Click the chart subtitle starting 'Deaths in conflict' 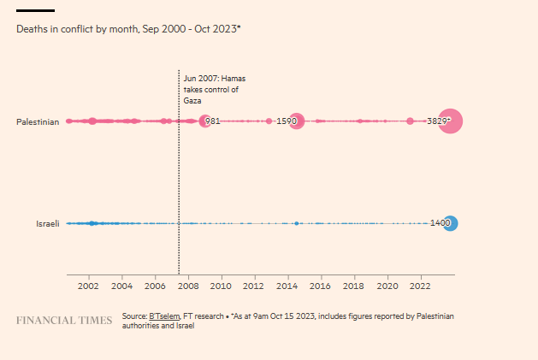[x=128, y=29]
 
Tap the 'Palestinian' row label [x=38, y=121]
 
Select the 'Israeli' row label [x=47, y=223]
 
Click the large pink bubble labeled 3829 [x=451, y=121]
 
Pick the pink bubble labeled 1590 [x=296, y=121]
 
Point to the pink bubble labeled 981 [x=204, y=121]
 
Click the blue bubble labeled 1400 [x=450, y=223]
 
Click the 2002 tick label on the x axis [x=87, y=286]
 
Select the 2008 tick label [x=187, y=286]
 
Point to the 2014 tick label [x=287, y=286]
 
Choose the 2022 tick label [x=421, y=286]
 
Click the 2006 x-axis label [x=154, y=286]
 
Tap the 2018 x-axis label [x=354, y=286]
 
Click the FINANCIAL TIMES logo [x=64, y=321]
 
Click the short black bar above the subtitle [x=35, y=10]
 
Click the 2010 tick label [x=221, y=286]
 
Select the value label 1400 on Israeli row [x=439, y=223]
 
